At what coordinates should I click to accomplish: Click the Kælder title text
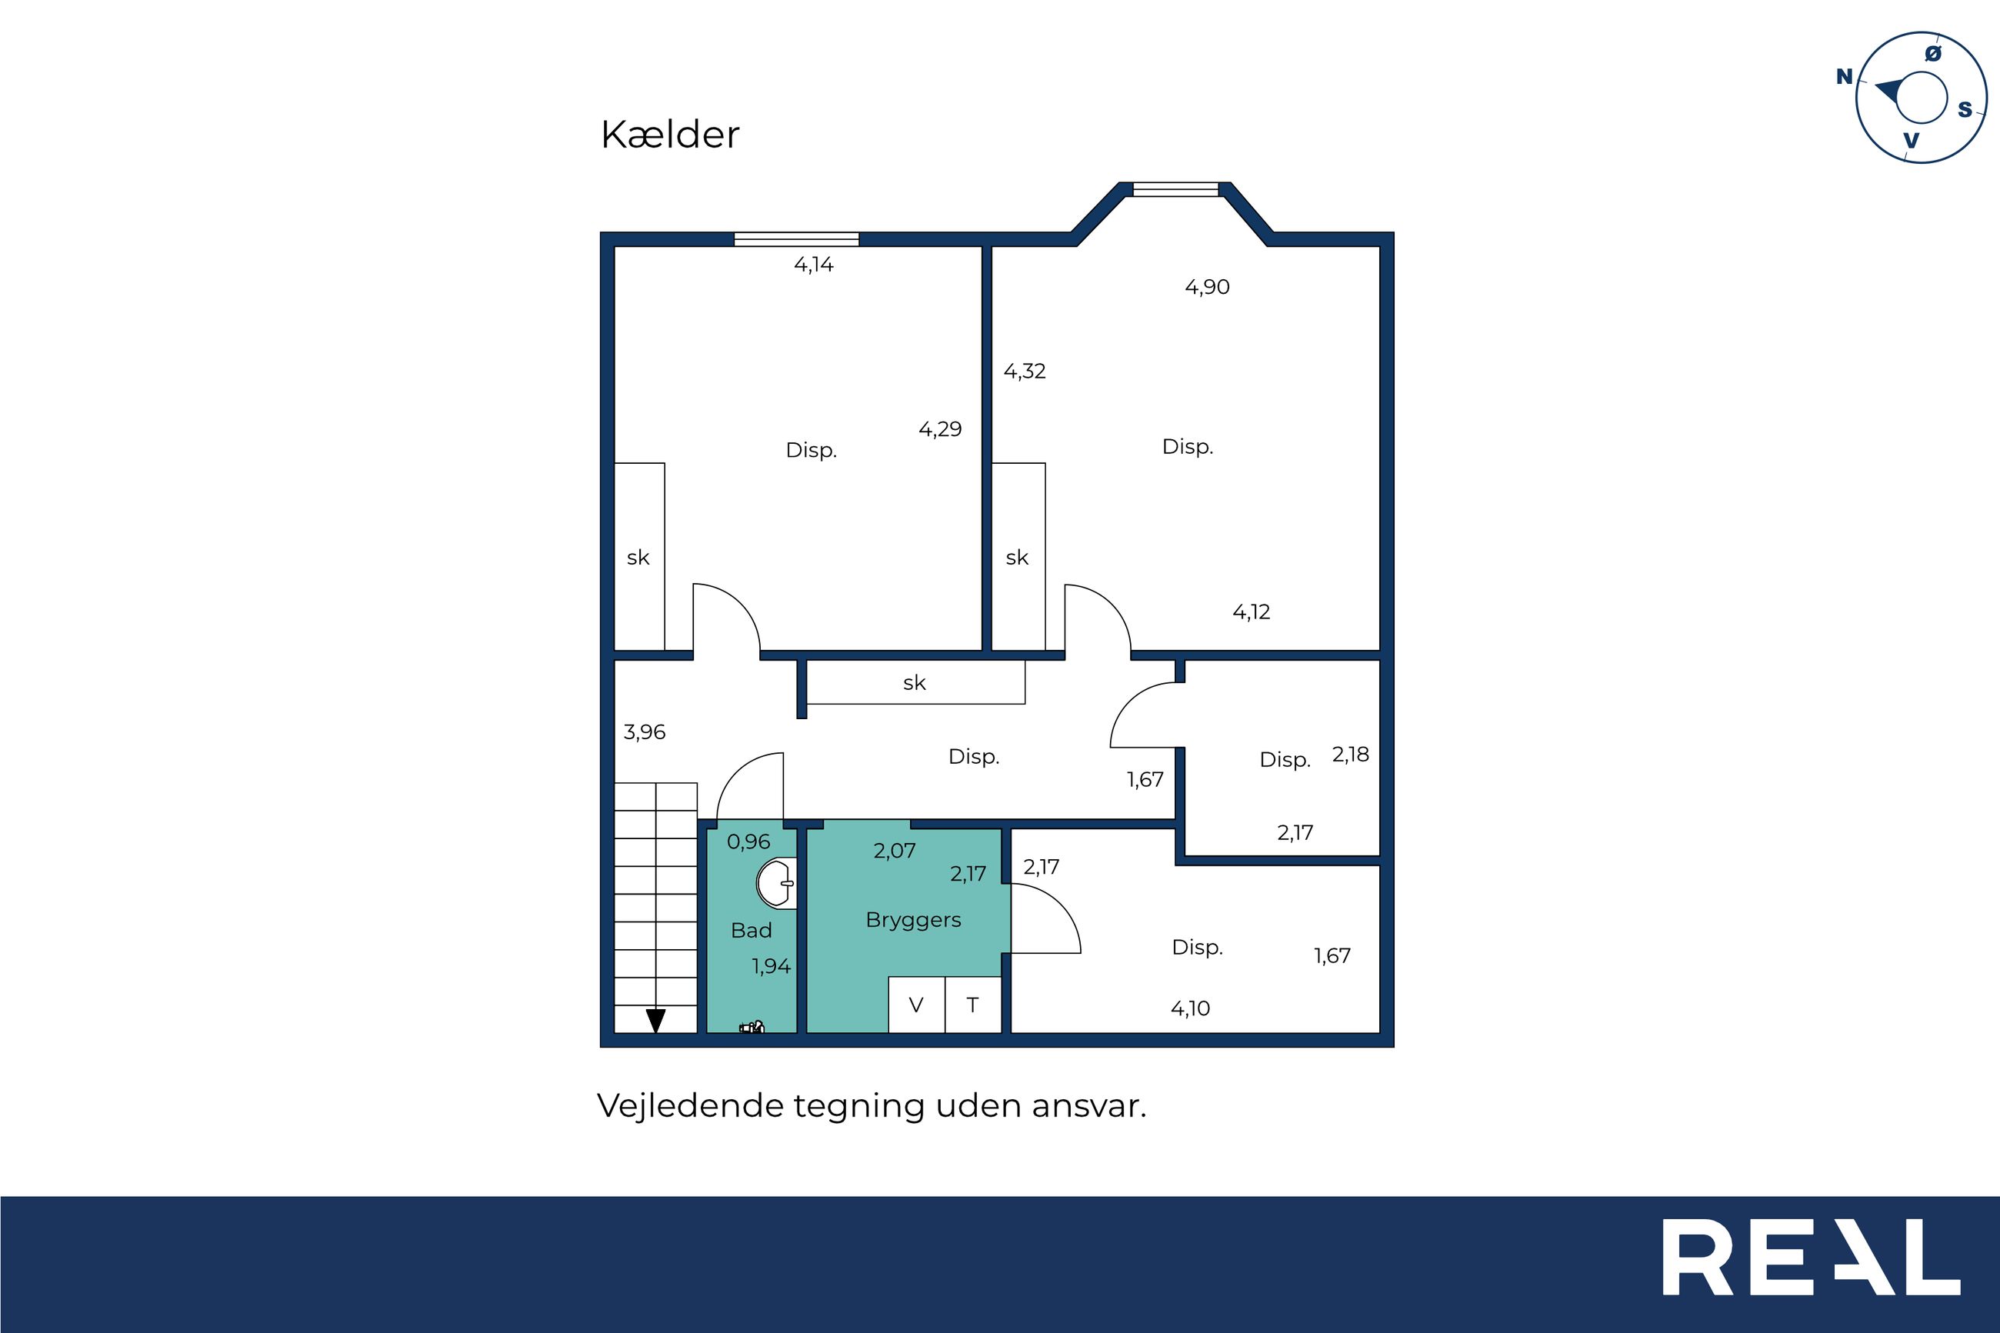[670, 135]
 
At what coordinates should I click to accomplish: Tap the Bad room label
[752, 930]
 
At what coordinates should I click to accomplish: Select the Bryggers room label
[914, 921]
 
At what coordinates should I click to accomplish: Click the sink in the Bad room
[776, 883]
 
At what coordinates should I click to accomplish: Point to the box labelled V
[916, 1005]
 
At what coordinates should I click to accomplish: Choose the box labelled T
[973, 1005]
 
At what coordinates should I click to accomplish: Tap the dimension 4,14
[813, 265]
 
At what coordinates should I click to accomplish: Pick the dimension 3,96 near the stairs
[645, 732]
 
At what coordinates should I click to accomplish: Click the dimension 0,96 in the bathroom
[748, 841]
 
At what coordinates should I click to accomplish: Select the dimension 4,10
[1190, 1008]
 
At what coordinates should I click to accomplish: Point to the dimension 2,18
[1351, 754]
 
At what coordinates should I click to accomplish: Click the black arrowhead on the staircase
[655, 1020]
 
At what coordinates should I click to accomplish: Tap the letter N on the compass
[1845, 76]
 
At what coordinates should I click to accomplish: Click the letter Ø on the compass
[1933, 54]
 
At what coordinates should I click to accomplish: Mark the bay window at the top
[1176, 188]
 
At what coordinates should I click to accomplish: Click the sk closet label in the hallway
[915, 682]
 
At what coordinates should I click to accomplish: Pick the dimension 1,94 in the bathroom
[771, 967]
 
